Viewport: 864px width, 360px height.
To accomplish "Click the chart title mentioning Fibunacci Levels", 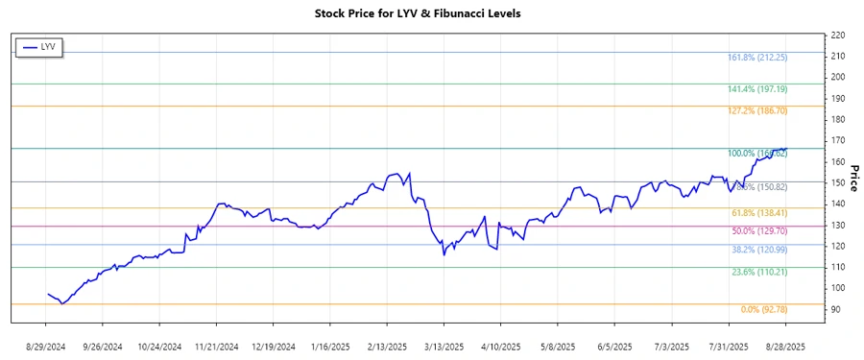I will (x=431, y=13).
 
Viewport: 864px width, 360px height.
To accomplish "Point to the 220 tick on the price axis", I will (x=837, y=35).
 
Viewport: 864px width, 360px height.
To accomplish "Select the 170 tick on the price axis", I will (x=837, y=140).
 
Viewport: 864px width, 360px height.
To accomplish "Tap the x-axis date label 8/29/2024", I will (x=48, y=346).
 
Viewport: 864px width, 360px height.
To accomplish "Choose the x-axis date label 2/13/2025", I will (x=386, y=346).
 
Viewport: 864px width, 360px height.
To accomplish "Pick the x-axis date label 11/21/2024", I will (x=216, y=346).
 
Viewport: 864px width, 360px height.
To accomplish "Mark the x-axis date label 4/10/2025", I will (x=499, y=346).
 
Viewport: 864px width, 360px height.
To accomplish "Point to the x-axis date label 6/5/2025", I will (x=613, y=346).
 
